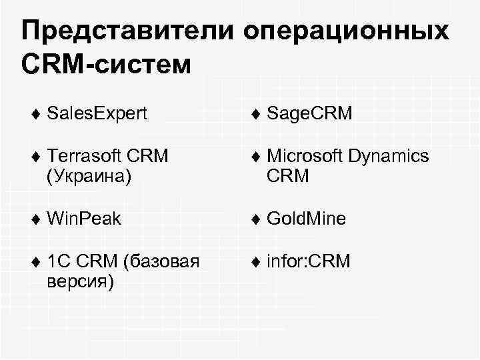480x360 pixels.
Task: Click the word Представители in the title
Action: pyautogui.click(x=126, y=31)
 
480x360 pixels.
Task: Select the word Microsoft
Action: pyautogui.click(x=304, y=156)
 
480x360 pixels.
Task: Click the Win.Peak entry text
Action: pyautogui.click(x=84, y=219)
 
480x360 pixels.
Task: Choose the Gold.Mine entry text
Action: pyautogui.click(x=306, y=219)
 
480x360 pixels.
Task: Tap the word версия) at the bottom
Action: pyautogui.click(x=81, y=281)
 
